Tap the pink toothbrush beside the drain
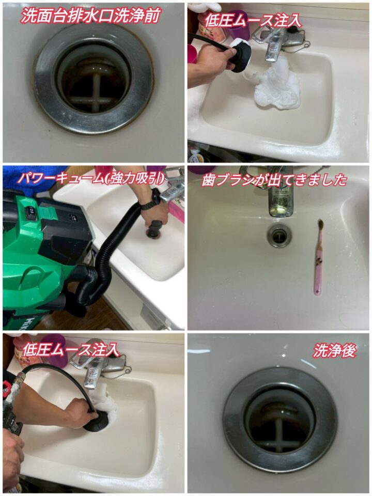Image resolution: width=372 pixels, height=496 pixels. coord(319,257)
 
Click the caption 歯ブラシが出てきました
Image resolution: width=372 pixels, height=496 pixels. coord(274,180)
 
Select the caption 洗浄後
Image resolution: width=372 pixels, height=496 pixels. coord(335,350)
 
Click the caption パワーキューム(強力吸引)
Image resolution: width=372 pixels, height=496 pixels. coord(91,178)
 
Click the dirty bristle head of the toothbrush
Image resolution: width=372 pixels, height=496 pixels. coord(320,226)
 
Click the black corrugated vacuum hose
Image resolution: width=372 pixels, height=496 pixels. coord(104,259)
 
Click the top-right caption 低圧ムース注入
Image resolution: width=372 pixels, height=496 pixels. coord(253,21)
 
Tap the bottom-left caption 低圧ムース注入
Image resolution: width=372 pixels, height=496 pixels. coord(71,350)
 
